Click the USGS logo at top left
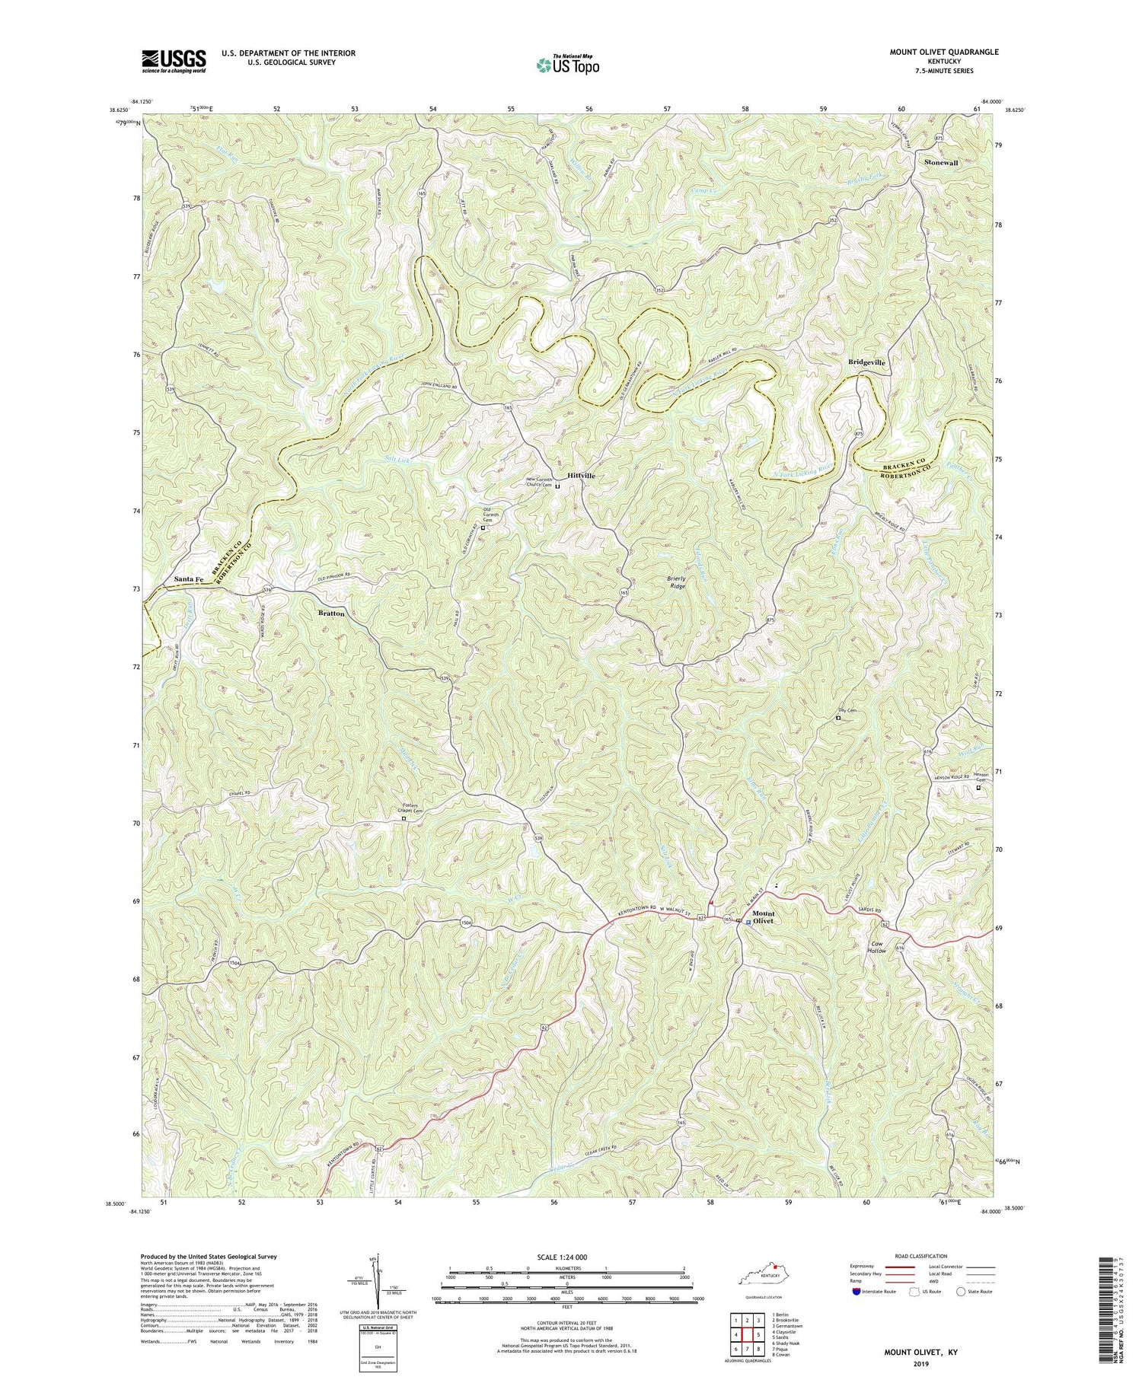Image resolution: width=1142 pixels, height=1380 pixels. [x=173, y=61]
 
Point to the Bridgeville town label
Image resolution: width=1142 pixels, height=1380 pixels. [x=866, y=363]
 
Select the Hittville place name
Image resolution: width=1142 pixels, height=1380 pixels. [x=581, y=475]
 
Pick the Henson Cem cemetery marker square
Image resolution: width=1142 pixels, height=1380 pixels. [x=978, y=789]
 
